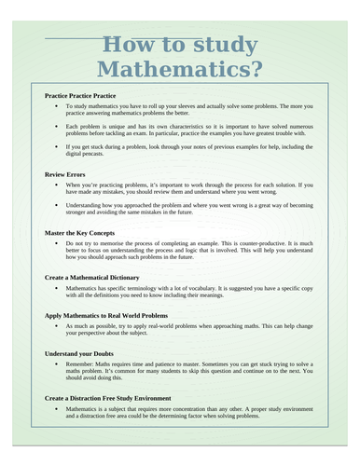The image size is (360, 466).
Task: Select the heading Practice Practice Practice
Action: (80, 95)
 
